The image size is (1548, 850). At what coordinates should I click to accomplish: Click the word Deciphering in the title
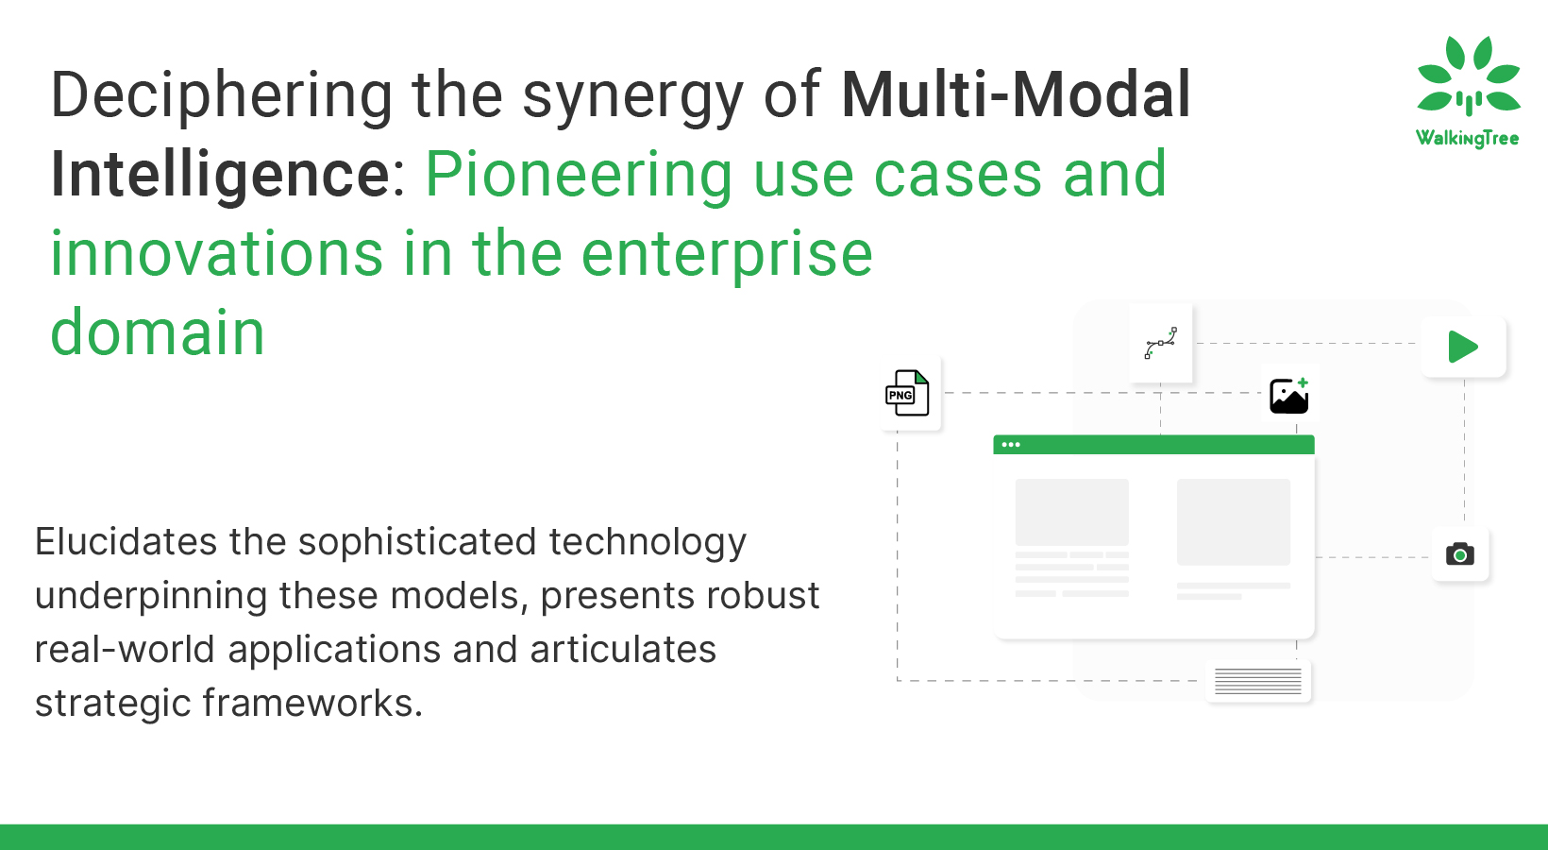click(222, 96)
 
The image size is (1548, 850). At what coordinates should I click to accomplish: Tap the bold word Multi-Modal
click(1016, 94)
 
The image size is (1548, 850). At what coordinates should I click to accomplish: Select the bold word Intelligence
click(221, 175)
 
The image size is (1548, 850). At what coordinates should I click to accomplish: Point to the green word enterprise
click(727, 254)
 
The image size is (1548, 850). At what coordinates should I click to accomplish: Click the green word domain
click(159, 332)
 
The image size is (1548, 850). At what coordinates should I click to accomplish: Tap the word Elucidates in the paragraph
click(126, 541)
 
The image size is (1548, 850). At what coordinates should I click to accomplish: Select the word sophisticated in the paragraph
click(417, 541)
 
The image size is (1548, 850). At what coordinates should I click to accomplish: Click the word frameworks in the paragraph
click(311, 703)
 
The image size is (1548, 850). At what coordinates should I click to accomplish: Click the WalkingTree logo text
click(1467, 139)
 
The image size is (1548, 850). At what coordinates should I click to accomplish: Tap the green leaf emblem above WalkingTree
click(1468, 76)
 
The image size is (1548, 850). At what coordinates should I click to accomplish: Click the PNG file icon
click(907, 393)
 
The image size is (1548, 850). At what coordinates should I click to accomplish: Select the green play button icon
click(1463, 347)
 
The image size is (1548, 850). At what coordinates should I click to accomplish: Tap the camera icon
click(1459, 554)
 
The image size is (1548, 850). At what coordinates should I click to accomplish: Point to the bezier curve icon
click(1160, 343)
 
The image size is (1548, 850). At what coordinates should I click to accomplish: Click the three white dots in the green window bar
click(1010, 445)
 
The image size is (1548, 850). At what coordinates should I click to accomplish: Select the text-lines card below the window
click(1257, 681)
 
